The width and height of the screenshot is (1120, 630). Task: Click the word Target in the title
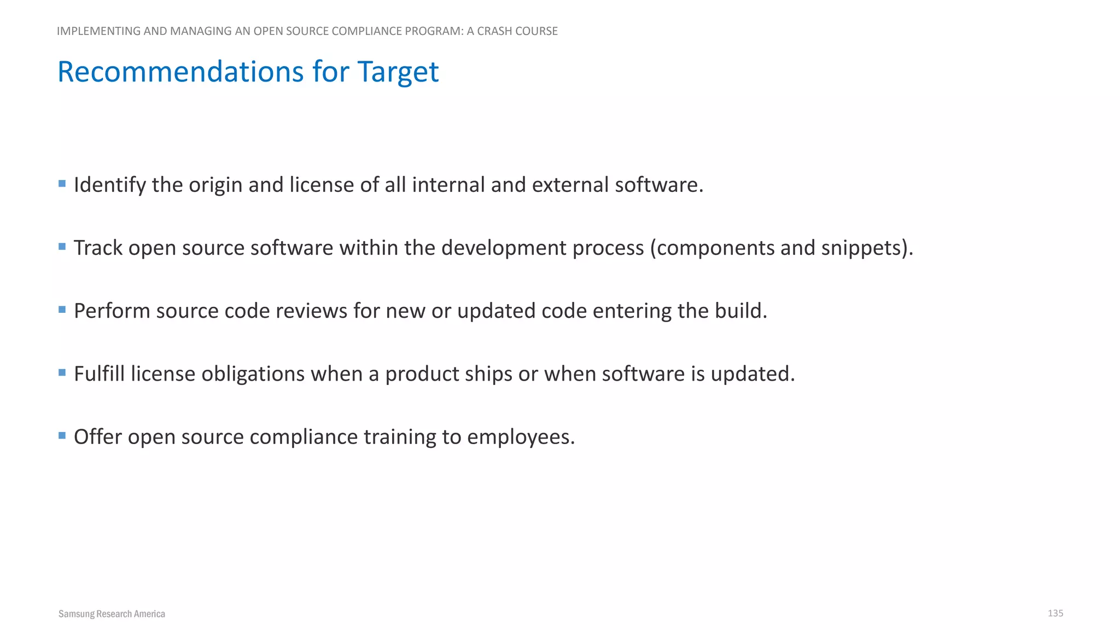398,72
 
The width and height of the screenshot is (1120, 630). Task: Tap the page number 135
1055,613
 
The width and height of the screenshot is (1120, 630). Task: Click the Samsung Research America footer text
112,614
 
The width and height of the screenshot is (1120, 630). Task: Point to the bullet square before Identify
62,184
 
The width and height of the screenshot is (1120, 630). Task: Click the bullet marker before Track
62,247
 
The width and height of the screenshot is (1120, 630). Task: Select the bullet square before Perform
62,310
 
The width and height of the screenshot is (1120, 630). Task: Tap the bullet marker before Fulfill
62,372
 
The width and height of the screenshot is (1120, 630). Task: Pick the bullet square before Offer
62,435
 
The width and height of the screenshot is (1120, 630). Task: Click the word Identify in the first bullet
109,185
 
